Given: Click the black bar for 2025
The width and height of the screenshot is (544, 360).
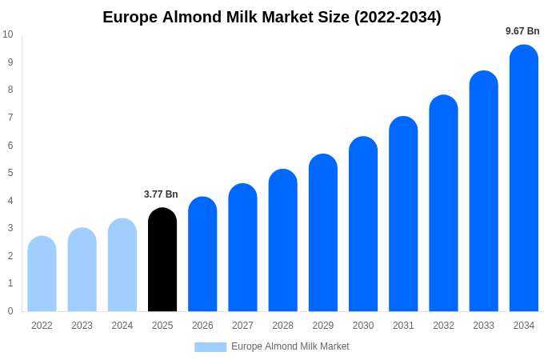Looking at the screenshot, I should [x=162, y=260].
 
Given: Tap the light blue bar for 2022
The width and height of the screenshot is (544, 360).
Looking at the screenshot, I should [x=42, y=274].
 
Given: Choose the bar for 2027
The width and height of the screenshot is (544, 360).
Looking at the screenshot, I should [x=242, y=248].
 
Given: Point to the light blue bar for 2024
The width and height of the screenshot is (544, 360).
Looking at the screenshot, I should [x=122, y=266].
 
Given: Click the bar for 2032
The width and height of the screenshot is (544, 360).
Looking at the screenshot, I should [x=443, y=203].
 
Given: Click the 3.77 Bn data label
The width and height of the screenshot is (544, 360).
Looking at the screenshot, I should [x=161, y=194].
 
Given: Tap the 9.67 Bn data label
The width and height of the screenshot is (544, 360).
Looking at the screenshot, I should [x=522, y=31].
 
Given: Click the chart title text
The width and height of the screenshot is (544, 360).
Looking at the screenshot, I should [x=272, y=17].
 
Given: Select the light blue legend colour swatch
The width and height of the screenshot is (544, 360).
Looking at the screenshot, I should [x=210, y=346].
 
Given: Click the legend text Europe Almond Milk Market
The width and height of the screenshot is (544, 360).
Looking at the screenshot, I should [x=290, y=346].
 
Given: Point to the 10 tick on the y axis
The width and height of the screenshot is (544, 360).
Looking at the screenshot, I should [x=8, y=34].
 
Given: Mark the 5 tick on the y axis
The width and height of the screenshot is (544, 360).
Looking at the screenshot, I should [x=10, y=173].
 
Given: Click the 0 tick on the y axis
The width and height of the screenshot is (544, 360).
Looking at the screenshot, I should [x=10, y=311].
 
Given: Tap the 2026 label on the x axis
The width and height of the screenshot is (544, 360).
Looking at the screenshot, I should [x=202, y=326].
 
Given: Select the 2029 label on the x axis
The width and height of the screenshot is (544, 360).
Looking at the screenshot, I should [x=323, y=326].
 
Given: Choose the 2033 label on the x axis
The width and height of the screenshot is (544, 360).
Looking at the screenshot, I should [x=483, y=326].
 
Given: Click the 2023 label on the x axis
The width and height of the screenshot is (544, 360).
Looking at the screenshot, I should [x=82, y=326].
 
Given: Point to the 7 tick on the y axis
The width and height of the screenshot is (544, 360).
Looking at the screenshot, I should [x=10, y=118].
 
